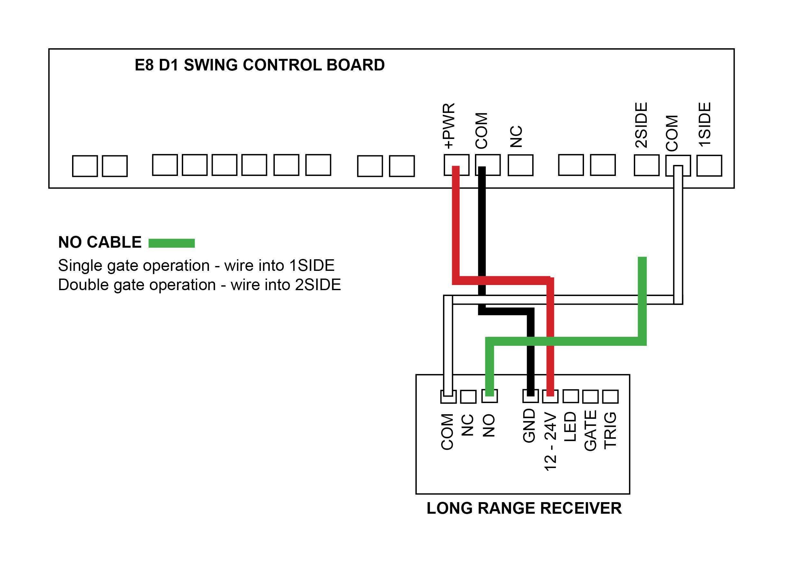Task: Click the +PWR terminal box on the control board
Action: point(456,165)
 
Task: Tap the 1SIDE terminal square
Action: point(709,166)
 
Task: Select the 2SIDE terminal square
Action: point(646,165)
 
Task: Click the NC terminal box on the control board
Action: point(520,165)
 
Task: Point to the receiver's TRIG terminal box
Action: point(610,397)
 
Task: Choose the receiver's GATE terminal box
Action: point(590,397)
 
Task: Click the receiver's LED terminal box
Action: point(571,396)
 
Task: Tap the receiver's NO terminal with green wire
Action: point(489,396)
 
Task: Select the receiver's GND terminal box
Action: point(530,396)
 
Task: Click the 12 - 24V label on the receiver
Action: point(550,442)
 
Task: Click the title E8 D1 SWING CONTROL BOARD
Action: point(259,65)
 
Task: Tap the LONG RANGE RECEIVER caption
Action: point(524,508)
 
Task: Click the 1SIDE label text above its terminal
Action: point(705,124)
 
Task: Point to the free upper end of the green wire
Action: point(642,260)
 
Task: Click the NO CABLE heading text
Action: point(100,243)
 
